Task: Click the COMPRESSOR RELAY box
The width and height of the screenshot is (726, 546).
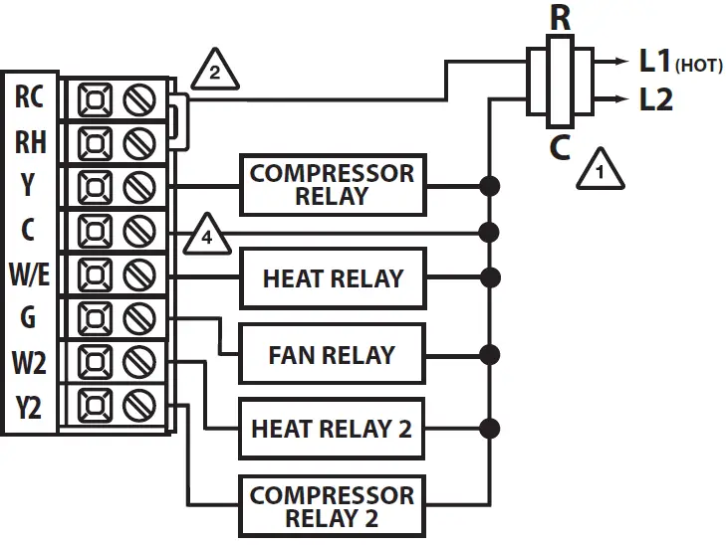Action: pyautogui.click(x=333, y=185)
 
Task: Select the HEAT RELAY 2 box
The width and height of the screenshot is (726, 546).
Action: pyautogui.click(x=332, y=429)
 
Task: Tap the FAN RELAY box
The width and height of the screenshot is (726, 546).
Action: pyautogui.click(x=332, y=354)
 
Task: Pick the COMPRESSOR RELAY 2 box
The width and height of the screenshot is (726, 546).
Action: pyautogui.click(x=332, y=506)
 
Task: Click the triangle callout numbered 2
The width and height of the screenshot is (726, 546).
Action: pyautogui.click(x=215, y=71)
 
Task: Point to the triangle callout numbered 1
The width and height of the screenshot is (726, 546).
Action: pyautogui.click(x=601, y=170)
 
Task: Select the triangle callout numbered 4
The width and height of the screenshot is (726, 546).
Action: pyautogui.click(x=207, y=236)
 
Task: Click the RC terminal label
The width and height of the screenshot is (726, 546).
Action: pyautogui.click(x=29, y=96)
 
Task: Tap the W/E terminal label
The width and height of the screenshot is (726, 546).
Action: pyautogui.click(x=29, y=274)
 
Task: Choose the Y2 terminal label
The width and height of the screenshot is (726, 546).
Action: pyautogui.click(x=29, y=408)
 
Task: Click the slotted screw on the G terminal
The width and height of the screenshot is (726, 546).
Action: pyautogui.click(x=139, y=318)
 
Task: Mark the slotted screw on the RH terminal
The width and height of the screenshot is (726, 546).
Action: pyautogui.click(x=139, y=143)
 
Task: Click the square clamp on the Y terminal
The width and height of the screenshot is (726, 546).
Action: pyautogui.click(x=95, y=187)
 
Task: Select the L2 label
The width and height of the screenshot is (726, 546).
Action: pyautogui.click(x=655, y=98)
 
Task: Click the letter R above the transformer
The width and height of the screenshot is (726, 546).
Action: pyautogui.click(x=561, y=19)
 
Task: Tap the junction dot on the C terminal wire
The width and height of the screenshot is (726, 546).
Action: pyautogui.click(x=489, y=232)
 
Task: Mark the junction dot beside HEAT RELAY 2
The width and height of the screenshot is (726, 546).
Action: pyautogui.click(x=489, y=429)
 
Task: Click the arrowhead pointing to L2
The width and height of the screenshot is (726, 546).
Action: pyautogui.click(x=621, y=98)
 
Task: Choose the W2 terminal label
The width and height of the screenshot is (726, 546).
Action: pyautogui.click(x=29, y=362)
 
